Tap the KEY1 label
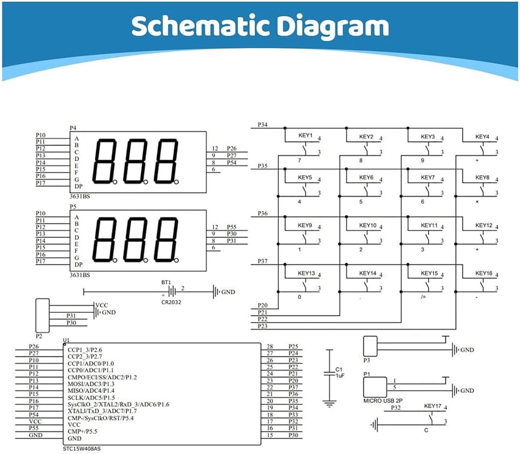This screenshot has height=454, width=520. (305, 136)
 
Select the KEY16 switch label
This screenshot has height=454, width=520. (484, 273)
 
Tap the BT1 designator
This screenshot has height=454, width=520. (166, 282)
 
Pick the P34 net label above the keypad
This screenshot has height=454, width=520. (262, 125)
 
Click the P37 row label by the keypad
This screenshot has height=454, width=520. (262, 262)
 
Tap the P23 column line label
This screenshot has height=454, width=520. (263, 326)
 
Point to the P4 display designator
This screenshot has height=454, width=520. (73, 128)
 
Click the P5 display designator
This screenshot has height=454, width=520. (73, 206)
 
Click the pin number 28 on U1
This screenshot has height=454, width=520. (270, 346)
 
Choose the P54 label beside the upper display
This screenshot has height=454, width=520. (231, 162)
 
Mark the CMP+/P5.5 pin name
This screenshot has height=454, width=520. (82, 431)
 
